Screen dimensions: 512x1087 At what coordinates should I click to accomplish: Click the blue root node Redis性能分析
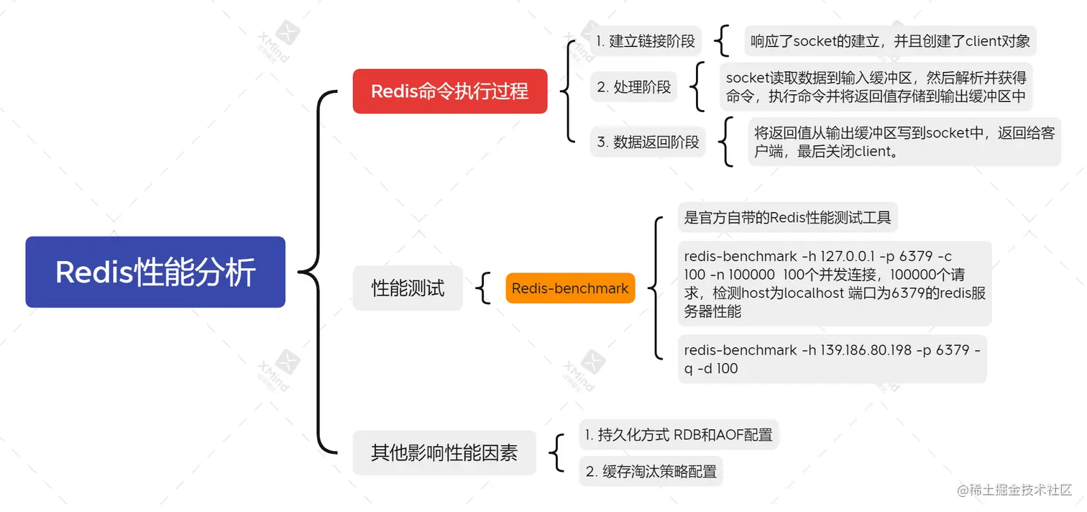click(155, 272)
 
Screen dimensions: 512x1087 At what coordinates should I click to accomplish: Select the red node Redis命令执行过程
click(449, 91)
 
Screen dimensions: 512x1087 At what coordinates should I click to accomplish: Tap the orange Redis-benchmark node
click(570, 288)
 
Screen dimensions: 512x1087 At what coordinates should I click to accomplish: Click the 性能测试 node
click(408, 288)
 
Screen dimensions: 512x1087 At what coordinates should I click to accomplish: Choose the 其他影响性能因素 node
click(444, 453)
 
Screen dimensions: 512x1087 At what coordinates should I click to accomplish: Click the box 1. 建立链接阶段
click(646, 41)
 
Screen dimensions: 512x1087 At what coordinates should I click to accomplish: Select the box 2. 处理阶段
click(634, 87)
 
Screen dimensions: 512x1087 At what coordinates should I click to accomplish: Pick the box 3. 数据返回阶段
click(648, 142)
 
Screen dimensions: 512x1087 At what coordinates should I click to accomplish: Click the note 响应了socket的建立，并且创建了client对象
click(890, 41)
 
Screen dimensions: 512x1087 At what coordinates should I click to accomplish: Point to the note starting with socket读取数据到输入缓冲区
click(876, 86)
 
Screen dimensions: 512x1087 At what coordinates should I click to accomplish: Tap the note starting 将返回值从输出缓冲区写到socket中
click(904, 142)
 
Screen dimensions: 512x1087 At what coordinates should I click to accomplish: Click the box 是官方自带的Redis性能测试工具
click(787, 217)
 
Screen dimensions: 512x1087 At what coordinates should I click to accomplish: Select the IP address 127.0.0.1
click(835, 257)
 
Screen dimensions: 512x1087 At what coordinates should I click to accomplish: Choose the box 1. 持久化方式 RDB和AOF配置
click(678, 434)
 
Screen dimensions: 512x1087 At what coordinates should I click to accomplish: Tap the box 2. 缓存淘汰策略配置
click(651, 472)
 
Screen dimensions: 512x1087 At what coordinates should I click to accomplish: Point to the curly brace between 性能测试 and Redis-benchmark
click(485, 288)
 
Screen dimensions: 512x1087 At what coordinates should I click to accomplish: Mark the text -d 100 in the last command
click(718, 369)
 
